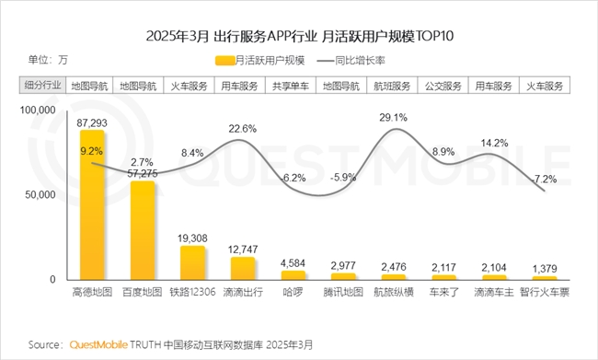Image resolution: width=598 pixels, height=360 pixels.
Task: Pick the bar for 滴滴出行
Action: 243,268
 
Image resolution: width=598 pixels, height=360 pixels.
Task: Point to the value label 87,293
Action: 92,122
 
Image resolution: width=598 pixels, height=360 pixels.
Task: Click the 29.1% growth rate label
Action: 393,117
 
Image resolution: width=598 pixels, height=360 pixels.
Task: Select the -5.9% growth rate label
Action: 343,177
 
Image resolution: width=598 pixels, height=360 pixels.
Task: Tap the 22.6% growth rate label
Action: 242,128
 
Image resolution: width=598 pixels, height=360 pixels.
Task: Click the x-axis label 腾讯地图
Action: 343,292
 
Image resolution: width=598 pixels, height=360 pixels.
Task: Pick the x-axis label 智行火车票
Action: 544,292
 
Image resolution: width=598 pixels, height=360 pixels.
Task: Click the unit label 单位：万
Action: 48,60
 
